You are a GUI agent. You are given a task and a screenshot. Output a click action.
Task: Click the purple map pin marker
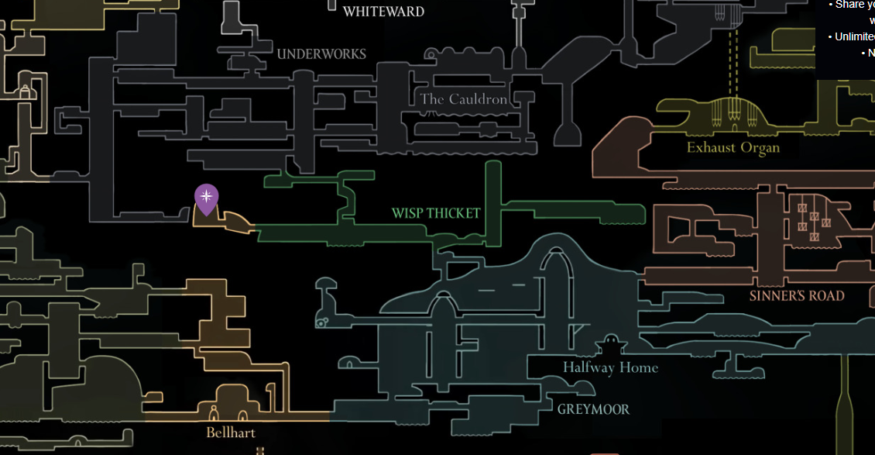click(206, 198)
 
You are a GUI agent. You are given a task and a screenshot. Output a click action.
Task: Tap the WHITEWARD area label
click(383, 12)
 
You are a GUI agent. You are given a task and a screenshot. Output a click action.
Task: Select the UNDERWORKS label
click(321, 53)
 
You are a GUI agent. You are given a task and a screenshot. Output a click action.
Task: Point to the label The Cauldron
click(464, 99)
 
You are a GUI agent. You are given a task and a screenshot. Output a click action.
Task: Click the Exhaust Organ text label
click(733, 147)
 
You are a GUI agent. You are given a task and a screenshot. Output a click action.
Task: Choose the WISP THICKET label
click(436, 213)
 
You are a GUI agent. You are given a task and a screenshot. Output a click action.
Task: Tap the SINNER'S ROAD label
click(796, 295)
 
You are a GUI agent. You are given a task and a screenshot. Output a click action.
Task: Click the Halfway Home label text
click(610, 367)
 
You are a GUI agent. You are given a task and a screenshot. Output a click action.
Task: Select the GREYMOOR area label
click(593, 408)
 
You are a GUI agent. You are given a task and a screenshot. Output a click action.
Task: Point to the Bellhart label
click(231, 432)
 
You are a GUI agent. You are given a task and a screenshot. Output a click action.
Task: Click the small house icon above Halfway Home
click(610, 344)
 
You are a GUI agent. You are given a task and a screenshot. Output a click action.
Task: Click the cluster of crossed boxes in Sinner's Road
click(813, 216)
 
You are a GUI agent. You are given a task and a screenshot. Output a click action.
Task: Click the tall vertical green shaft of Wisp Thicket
click(492, 202)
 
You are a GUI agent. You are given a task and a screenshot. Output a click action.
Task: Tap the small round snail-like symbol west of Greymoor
click(321, 322)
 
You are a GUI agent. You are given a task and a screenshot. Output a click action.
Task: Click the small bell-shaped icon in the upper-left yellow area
click(25, 91)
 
